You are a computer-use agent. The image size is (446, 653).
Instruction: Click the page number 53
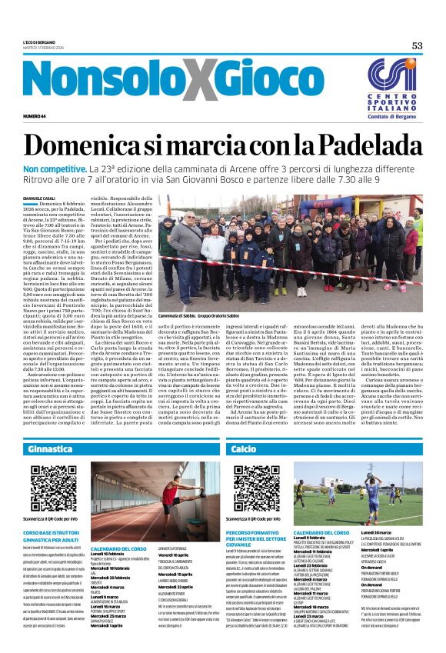[x=417, y=45]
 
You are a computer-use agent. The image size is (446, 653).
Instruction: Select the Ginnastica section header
[x=49, y=448]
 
